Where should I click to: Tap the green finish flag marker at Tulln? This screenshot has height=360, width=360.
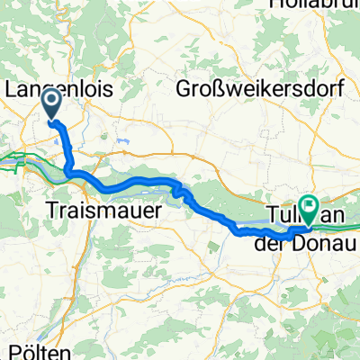(x=308, y=210)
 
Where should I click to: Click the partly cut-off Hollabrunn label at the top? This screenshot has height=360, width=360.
(x=310, y=4)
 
